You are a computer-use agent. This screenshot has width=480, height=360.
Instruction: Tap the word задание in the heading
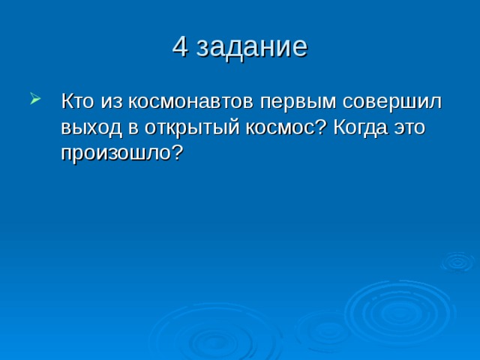point(252,48)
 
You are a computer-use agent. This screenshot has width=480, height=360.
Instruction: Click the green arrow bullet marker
point(35,98)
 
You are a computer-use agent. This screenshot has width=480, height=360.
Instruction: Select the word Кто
point(77,100)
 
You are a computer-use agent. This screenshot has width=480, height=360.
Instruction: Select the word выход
point(91,129)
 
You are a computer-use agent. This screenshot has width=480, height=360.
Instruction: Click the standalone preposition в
point(133,129)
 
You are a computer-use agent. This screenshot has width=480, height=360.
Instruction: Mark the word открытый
point(192,128)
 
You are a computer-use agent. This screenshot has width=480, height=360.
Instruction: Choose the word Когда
point(360,127)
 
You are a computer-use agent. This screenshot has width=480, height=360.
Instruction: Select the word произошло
point(117,154)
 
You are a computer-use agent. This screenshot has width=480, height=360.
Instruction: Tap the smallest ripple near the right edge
point(457,262)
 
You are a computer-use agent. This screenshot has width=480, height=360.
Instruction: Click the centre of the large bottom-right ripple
point(399,313)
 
